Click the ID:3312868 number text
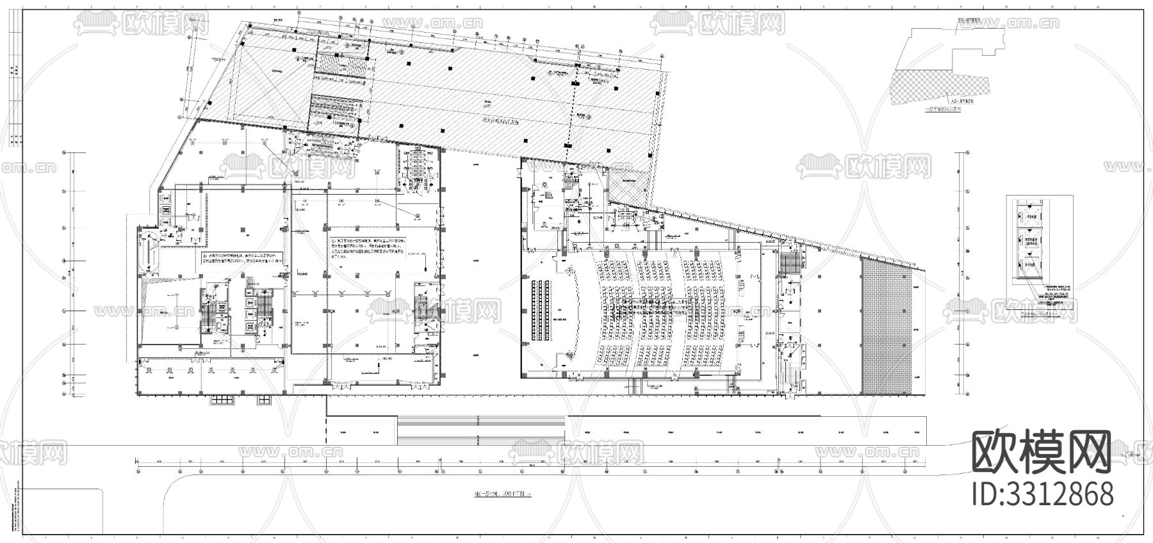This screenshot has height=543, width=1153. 1042,495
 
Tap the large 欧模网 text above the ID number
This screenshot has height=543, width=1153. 1042,452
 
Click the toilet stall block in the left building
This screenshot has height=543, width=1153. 416,168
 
